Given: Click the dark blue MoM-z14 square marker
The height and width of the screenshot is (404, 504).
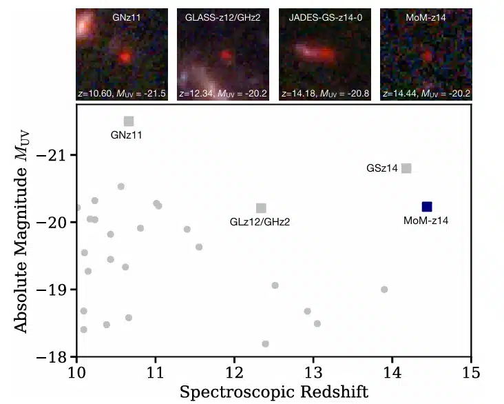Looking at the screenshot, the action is (x=426, y=207).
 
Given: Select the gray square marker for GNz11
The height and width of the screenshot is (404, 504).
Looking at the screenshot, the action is (x=129, y=121).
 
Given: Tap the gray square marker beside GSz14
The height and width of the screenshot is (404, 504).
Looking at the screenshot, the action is (x=406, y=168).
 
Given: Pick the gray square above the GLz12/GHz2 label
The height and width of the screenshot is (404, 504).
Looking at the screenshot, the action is (x=261, y=208).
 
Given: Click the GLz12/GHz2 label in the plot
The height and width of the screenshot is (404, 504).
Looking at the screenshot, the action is (x=260, y=222).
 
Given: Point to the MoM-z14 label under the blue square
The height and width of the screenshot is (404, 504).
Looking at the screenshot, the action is (x=426, y=221).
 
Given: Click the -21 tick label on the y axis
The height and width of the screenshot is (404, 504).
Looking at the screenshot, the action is (x=52, y=156).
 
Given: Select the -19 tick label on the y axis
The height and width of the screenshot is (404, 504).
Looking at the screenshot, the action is (x=52, y=290).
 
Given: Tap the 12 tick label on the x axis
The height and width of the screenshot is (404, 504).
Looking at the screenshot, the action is (x=234, y=372).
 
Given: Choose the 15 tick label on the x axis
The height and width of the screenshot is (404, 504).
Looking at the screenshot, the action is (x=471, y=372).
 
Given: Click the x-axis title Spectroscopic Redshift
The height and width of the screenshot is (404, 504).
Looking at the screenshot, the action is (x=274, y=392).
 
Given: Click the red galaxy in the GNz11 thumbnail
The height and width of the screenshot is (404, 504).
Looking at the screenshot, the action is (x=125, y=57).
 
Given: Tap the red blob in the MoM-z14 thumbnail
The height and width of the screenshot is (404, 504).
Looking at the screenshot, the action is (x=427, y=56).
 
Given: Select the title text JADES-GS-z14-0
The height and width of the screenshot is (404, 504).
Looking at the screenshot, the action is (x=325, y=17).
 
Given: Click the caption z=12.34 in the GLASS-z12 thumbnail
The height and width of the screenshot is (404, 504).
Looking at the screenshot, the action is (x=196, y=93).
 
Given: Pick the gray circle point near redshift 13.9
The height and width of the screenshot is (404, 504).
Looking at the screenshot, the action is (x=384, y=290).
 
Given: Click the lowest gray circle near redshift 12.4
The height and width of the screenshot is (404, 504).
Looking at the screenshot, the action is (x=265, y=344).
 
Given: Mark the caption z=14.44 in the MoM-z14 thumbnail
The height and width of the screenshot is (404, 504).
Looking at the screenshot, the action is (x=399, y=93).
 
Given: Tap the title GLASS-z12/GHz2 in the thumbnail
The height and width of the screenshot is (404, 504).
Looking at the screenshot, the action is (x=223, y=17).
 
